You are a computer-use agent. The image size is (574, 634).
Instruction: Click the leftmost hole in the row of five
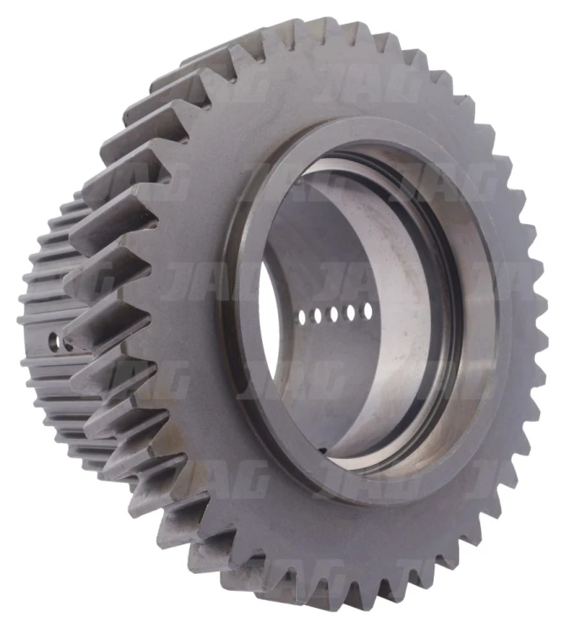point(302,317)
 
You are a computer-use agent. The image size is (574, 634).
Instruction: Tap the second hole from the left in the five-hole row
point(317,316)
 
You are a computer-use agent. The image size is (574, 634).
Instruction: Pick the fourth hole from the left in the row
point(351,313)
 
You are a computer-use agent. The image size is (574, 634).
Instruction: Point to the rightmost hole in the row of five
point(368,310)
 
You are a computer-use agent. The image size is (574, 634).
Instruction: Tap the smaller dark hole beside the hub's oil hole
point(67,346)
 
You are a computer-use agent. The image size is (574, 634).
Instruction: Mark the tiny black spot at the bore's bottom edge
point(322,450)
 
